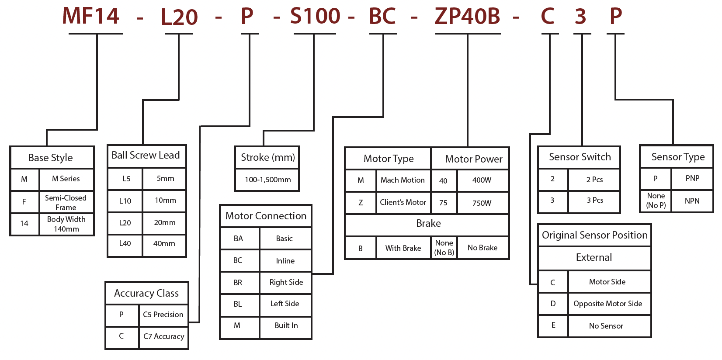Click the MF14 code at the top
pyautogui.click(x=90, y=16)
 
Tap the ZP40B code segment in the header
pyautogui.click(x=467, y=17)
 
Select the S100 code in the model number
pyautogui.click(x=315, y=17)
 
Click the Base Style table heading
pyautogui.click(x=51, y=158)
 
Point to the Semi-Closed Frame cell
pyautogui.click(x=66, y=202)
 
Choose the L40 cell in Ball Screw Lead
pyautogui.click(x=125, y=243)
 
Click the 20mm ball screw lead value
pyautogui.click(x=165, y=222)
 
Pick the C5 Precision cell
pyautogui.click(x=163, y=315)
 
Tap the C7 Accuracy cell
pyautogui.click(x=163, y=336)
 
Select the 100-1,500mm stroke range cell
pyautogui.click(x=267, y=180)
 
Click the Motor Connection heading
pyautogui.click(x=266, y=216)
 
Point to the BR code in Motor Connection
pyautogui.click(x=238, y=283)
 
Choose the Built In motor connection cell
pyautogui.click(x=286, y=325)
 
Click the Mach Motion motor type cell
pyautogui.click(x=403, y=180)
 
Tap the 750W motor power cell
pyautogui.click(x=482, y=203)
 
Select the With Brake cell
pyautogui.click(x=403, y=248)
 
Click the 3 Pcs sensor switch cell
pyautogui.click(x=595, y=200)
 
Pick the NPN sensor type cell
pyautogui.click(x=692, y=201)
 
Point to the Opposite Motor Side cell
pyautogui.click(x=607, y=304)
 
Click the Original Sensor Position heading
pyautogui.click(x=594, y=235)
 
